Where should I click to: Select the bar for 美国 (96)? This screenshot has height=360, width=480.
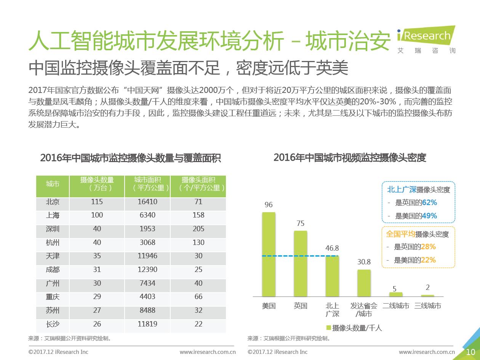[x=269, y=254]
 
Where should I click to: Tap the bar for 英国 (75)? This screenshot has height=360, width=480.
[x=300, y=263]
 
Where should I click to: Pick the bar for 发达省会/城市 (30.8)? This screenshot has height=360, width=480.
[x=364, y=283]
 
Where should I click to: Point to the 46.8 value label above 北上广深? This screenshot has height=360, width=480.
[x=332, y=248]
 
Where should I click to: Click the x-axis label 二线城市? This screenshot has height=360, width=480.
[x=396, y=306]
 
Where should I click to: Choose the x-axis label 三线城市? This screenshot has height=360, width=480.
[x=427, y=306]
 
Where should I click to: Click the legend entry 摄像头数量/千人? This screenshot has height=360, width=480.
[x=354, y=328]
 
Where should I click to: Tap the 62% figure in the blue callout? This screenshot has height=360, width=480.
[x=429, y=202]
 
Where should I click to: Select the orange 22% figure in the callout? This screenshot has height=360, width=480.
[x=428, y=260]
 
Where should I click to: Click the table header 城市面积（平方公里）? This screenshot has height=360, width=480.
[x=147, y=184]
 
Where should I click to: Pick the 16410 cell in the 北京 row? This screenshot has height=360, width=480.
[x=147, y=202]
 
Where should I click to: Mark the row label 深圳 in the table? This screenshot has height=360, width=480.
[x=53, y=229]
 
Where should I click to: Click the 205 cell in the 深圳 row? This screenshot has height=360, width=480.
[x=198, y=229]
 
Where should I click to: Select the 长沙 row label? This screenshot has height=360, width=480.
[x=53, y=324]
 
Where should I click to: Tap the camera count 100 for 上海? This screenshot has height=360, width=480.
[x=97, y=215]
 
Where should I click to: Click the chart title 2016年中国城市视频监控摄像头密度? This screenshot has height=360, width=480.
[x=349, y=158]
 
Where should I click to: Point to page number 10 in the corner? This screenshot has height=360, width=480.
[x=470, y=352]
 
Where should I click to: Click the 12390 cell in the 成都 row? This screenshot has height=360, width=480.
[x=147, y=270]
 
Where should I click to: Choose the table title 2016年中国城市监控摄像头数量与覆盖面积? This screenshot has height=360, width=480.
[x=131, y=158]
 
